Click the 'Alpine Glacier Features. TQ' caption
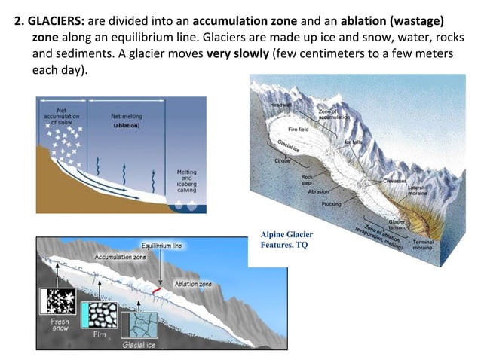click(286, 239)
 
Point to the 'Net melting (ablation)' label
click(127, 121)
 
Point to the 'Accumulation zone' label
click(120, 257)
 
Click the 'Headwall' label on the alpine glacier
click(280, 105)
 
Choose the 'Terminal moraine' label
click(423, 245)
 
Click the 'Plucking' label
click(331, 204)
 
